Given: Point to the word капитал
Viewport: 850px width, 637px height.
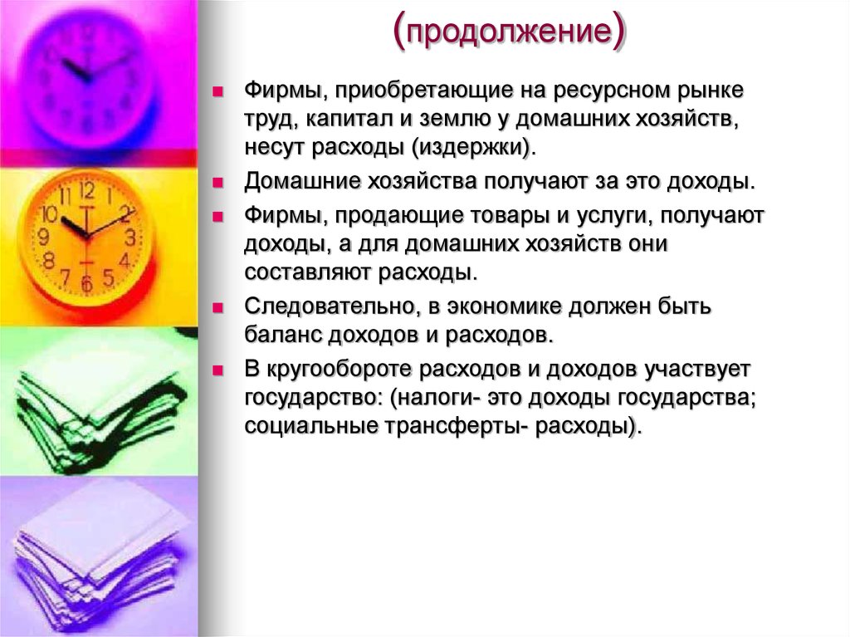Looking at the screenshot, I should pyautogui.click(x=349, y=118).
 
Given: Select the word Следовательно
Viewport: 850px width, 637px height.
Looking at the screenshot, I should pyautogui.click(x=330, y=306).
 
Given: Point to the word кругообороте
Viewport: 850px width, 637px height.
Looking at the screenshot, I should pyautogui.click(x=342, y=368).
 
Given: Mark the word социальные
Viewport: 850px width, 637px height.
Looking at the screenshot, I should pyautogui.click(x=310, y=426).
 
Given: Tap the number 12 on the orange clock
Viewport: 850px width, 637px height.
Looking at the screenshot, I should pyautogui.click(x=86, y=190).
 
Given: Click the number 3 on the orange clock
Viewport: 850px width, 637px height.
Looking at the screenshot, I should pyautogui.click(x=130, y=238).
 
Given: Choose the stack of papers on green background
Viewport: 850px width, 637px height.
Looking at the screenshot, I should pyautogui.click(x=95, y=399).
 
